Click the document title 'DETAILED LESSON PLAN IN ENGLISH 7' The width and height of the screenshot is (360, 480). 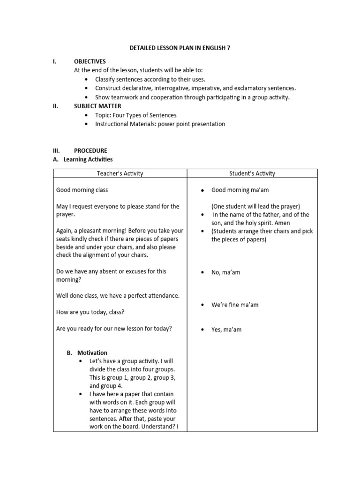coord(180,48)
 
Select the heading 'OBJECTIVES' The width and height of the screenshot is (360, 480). coord(90,61)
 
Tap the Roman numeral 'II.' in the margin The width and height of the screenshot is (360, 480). coord(55,106)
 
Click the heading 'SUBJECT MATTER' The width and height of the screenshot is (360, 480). coord(97,106)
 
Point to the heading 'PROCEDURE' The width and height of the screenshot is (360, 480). coord(90,150)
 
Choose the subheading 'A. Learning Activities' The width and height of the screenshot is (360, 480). coord(82,159)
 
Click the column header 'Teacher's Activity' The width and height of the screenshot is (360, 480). coord(120,173)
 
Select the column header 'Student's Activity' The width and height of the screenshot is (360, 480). coord(252,173)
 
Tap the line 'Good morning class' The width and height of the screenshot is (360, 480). coord(82,190)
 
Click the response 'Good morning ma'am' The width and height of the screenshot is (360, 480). coord(240,190)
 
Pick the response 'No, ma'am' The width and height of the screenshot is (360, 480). coord(225,272)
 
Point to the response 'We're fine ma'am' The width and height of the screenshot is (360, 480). coord(234,305)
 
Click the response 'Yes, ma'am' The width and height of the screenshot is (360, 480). coord(226,330)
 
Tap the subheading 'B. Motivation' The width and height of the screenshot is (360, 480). coord(88,352)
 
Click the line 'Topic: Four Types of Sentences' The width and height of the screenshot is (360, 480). coord(135,115)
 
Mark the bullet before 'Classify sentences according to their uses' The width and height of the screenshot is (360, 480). coord(86,79)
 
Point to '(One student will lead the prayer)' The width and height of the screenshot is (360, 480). coord(255,206)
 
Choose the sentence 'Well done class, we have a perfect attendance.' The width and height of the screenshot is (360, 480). coord(118,296)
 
